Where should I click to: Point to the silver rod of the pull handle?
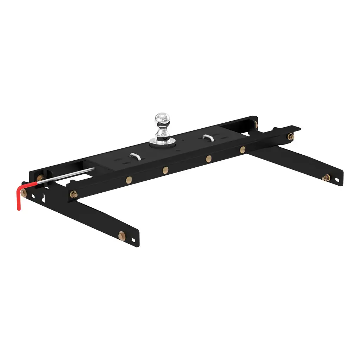[x=67, y=174]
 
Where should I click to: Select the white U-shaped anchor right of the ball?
[x=208, y=137]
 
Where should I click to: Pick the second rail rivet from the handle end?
[x=166, y=171]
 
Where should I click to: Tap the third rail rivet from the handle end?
[x=209, y=158]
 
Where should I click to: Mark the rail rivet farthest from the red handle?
[x=243, y=149]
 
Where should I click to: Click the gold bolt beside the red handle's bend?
[x=24, y=193]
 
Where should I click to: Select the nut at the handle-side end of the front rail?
[x=74, y=194]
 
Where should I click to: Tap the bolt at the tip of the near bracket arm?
[x=122, y=234]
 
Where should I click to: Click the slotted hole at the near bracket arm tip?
[x=134, y=240]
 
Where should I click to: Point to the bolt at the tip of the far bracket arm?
[x=326, y=178]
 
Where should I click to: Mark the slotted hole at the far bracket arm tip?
[x=337, y=180]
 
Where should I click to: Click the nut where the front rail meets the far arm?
[x=290, y=136]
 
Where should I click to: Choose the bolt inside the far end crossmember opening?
[x=256, y=124]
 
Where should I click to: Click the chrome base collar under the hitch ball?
[x=162, y=141]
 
